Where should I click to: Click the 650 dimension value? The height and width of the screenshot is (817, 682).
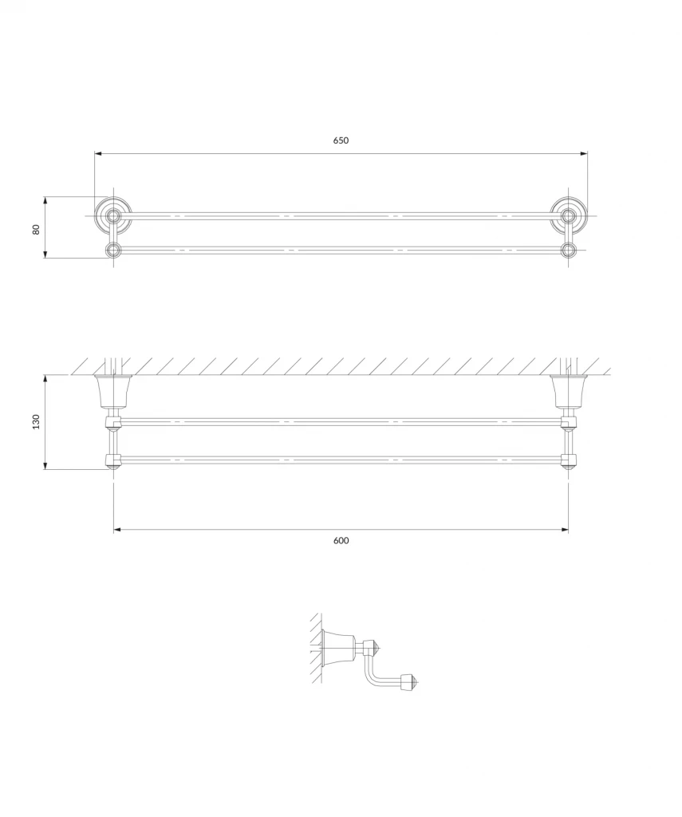point(341,140)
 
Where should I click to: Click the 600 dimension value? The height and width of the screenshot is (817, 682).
point(341,540)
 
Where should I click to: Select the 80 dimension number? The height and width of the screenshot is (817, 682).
point(36,229)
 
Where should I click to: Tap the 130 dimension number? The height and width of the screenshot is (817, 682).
point(36,421)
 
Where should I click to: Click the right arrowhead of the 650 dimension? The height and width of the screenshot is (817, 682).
point(584,154)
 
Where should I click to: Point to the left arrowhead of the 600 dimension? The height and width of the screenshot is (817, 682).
point(117,530)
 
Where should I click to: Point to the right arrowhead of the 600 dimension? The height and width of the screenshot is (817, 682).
point(565,530)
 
